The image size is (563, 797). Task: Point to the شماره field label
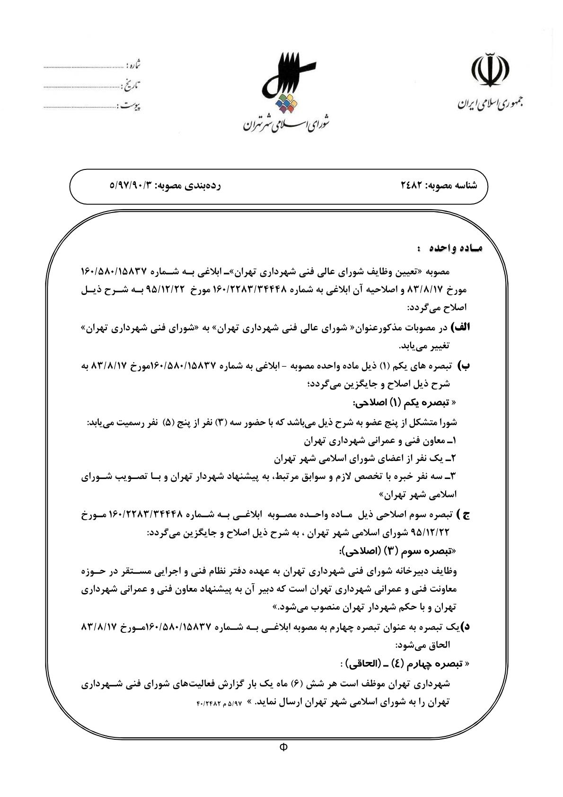pyautogui.click(x=134, y=64)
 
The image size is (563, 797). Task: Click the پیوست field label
pyautogui.click(x=130, y=105)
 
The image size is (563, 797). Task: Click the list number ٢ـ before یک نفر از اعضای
pyautogui.click(x=452, y=458)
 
